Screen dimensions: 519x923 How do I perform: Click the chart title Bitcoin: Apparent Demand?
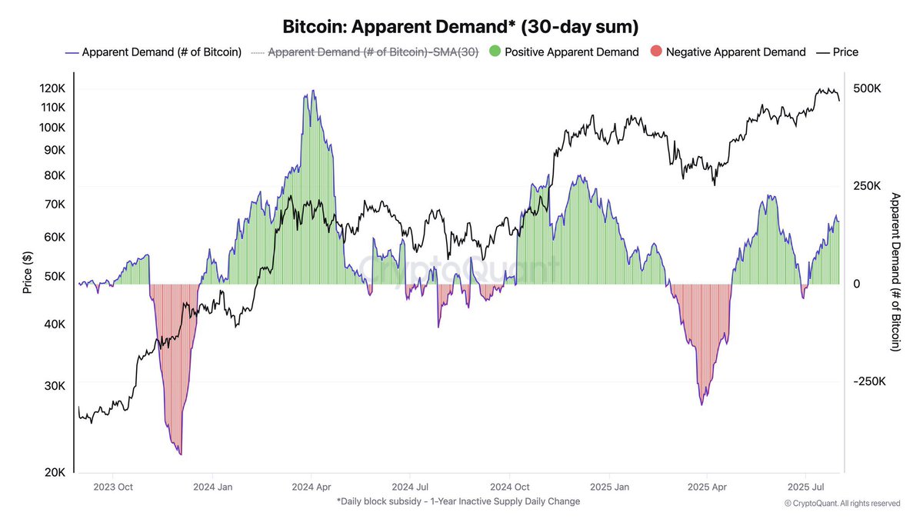click(x=461, y=28)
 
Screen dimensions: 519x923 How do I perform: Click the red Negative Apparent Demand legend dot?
click(x=655, y=52)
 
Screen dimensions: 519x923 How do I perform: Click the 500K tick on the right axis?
click(x=868, y=89)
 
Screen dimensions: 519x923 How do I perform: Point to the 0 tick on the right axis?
click(x=858, y=284)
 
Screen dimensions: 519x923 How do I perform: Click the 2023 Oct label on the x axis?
click(x=113, y=487)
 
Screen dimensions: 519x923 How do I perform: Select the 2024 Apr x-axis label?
click(x=311, y=487)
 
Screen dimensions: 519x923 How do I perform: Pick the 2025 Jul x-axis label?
click(x=805, y=487)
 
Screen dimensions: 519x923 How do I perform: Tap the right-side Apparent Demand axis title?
click(x=895, y=272)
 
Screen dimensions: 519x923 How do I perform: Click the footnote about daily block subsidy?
click(x=458, y=501)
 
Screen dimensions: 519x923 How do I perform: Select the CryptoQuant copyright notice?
click(x=842, y=504)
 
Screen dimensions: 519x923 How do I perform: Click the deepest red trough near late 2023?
click(x=180, y=454)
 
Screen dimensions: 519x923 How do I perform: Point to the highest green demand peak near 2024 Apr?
click(x=312, y=91)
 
